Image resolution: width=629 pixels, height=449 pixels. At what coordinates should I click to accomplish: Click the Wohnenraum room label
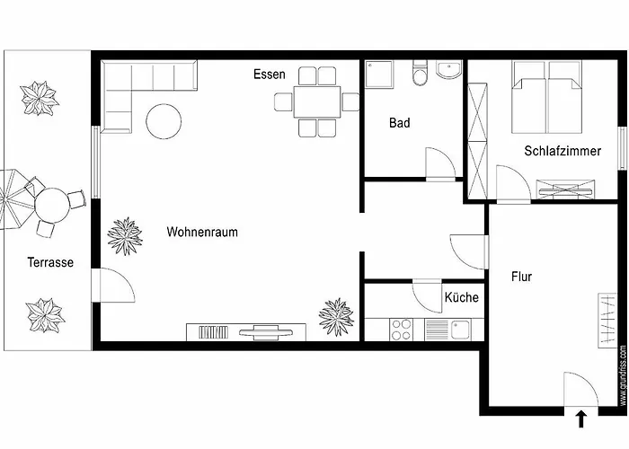[202, 232]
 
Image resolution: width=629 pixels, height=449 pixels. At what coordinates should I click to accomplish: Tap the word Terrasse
[50, 263]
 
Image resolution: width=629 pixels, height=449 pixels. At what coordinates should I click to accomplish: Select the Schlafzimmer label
[563, 152]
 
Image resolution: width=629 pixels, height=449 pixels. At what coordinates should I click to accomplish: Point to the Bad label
[400, 123]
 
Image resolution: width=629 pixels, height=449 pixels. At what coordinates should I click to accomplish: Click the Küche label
[461, 297]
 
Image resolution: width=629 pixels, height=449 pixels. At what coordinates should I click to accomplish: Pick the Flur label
[521, 277]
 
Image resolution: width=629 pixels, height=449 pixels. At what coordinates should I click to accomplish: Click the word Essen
[270, 75]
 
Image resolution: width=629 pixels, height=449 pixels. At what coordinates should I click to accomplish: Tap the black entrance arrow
[581, 418]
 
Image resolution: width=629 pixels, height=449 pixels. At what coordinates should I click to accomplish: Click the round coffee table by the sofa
[164, 121]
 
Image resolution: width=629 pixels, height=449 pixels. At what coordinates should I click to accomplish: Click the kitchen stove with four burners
[401, 330]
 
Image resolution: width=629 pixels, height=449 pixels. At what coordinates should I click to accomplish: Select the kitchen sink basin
[461, 330]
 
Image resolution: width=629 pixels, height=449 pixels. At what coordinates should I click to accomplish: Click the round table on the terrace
[52, 205]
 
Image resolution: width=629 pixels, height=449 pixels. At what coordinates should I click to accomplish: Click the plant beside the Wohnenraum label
[125, 235]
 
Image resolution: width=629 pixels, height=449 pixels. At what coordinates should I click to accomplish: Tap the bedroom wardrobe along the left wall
[476, 140]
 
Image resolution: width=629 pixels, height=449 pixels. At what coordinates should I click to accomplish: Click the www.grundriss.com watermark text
[623, 374]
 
